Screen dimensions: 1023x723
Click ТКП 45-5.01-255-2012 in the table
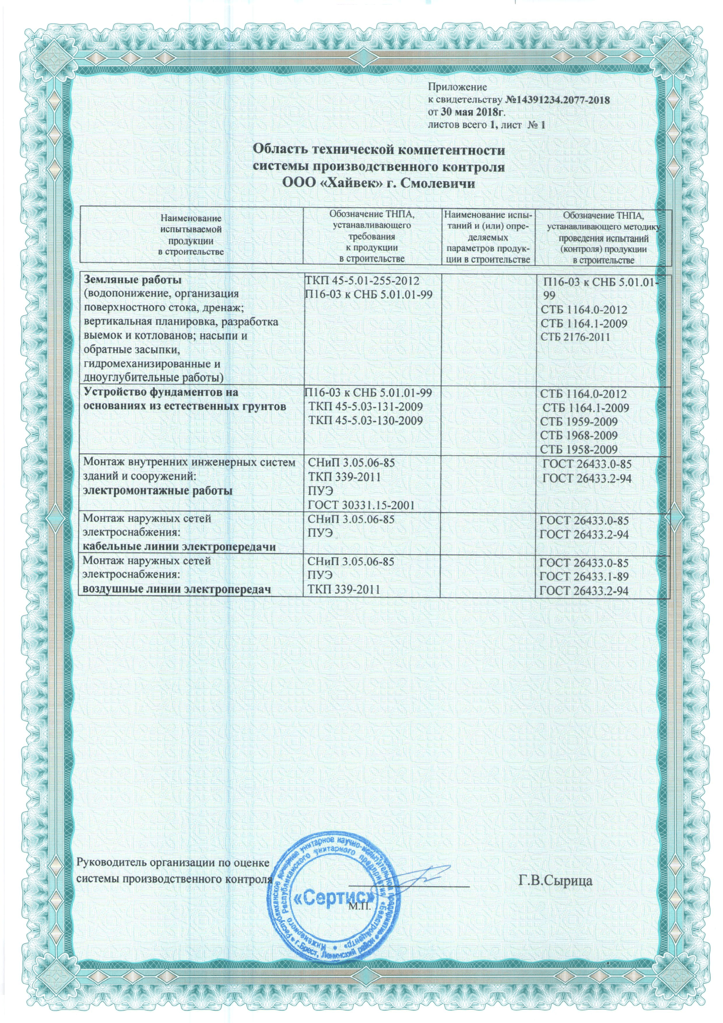tap(362, 281)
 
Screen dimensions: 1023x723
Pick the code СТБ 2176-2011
tap(575, 337)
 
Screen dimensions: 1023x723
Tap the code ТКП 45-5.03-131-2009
tap(366, 407)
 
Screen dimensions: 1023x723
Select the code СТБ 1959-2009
tap(579, 421)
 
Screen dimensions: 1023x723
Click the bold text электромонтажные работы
tap(158, 491)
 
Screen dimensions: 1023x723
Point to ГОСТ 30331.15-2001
tap(361, 505)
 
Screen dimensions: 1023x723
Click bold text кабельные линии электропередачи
tap(179, 547)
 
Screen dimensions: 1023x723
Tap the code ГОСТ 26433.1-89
tap(584, 576)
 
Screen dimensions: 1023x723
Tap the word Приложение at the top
tap(457, 87)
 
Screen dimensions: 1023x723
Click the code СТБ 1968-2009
tap(579, 435)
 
